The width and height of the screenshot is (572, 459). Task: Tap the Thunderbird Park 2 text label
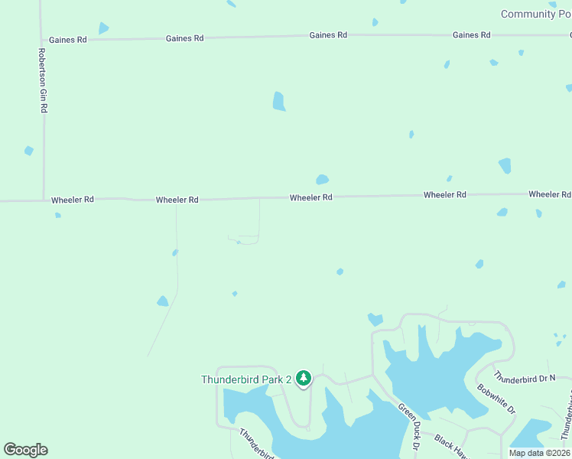pos(246,379)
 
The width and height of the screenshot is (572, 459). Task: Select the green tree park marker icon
pos(304,378)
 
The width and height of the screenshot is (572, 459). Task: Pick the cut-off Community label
pos(535,15)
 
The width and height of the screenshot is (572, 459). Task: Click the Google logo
pos(25,450)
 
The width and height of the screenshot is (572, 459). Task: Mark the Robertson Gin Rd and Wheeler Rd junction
pos(43,201)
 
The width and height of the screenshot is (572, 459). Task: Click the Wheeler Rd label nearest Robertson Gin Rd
pos(73,200)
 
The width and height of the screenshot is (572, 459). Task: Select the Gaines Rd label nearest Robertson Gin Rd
pos(67,40)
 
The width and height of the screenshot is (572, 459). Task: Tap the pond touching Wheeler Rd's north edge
pos(322,181)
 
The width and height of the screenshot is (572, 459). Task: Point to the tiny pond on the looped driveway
pos(239,243)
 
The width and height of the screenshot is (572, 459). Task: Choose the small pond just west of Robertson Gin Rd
pos(29,151)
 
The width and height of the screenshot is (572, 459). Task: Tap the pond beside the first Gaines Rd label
pos(102,28)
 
